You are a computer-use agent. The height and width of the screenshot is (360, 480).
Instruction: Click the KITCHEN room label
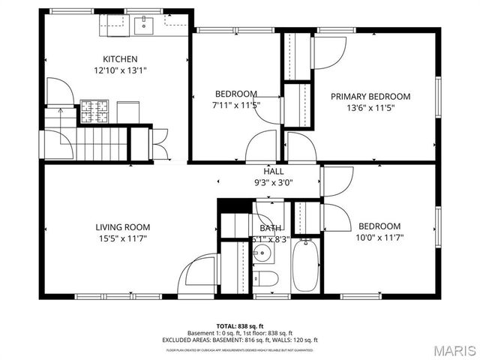(x=120, y=58)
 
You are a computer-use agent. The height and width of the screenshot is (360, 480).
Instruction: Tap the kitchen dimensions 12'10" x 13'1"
(x=120, y=71)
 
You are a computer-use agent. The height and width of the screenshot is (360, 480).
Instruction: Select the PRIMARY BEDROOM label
(x=370, y=96)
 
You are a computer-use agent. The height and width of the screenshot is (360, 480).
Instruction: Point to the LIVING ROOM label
(x=122, y=226)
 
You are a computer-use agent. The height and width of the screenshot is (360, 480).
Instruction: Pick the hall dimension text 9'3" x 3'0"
(x=252, y=182)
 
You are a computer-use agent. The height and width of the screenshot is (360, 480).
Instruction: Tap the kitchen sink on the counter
(x=144, y=25)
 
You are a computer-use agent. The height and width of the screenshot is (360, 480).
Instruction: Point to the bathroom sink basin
(x=263, y=252)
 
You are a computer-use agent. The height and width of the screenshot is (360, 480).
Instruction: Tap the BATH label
(x=270, y=228)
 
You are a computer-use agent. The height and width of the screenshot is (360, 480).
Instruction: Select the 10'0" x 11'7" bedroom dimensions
(x=379, y=239)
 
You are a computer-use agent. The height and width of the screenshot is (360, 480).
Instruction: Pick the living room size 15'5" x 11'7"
(x=122, y=239)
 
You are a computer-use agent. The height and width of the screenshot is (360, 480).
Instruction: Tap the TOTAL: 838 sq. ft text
(x=239, y=326)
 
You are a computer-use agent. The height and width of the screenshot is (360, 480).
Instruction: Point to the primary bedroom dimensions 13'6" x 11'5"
(x=370, y=108)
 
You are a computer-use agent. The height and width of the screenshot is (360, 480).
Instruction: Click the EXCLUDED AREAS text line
(x=239, y=340)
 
